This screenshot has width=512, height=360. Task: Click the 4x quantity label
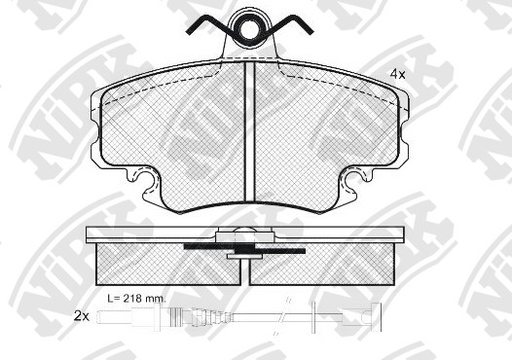click(x=397, y=74)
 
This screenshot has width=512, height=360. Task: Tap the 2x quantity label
click(x=82, y=316)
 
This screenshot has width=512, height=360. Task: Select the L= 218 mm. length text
click(x=137, y=298)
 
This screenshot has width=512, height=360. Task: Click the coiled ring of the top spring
click(x=250, y=28)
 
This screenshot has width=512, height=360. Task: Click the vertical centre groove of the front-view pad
click(x=250, y=131)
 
